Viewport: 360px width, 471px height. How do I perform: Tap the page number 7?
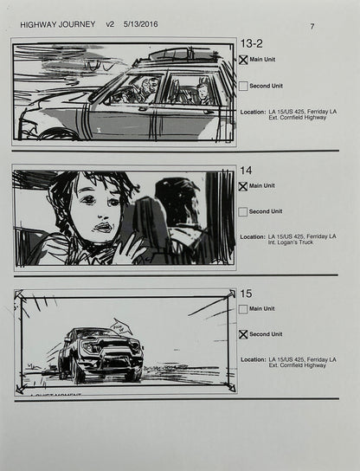312,27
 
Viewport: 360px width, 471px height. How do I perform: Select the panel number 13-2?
252,43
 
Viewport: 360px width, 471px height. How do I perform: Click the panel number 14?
247,171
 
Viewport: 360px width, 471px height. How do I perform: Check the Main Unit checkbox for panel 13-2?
243,60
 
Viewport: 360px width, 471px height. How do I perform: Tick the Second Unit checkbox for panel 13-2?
243,86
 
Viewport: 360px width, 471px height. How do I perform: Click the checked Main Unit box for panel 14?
243,185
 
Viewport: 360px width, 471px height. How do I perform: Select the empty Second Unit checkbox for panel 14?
243,211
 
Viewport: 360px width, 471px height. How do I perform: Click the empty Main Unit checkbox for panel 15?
243,308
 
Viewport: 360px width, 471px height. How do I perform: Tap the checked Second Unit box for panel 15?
243,334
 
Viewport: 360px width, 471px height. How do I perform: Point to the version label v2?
110,26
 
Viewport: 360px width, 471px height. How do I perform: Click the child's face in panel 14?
93,212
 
